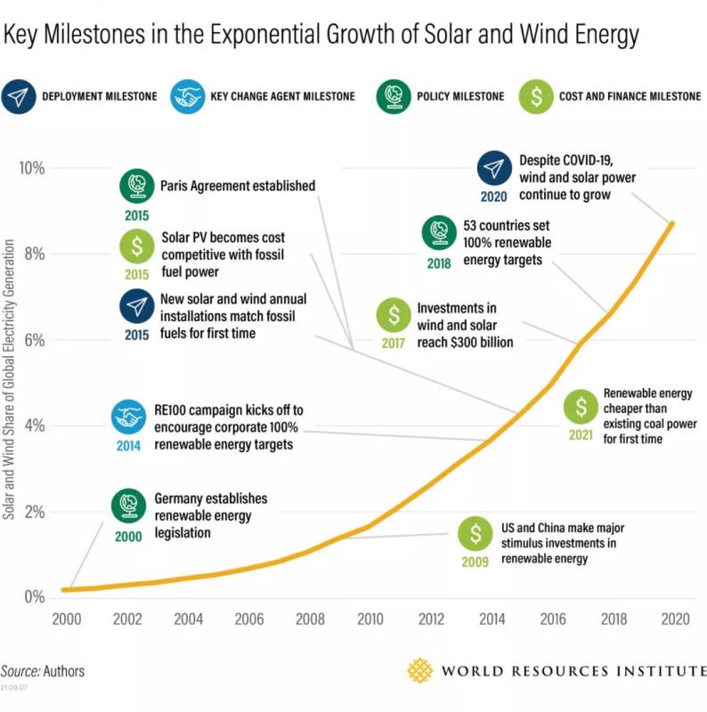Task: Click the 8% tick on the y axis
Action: (34, 254)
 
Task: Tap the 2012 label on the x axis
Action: (433, 619)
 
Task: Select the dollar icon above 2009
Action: (475, 534)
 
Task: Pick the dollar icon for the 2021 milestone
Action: (581, 407)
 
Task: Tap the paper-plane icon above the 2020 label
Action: (494, 169)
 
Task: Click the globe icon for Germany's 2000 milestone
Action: (129, 506)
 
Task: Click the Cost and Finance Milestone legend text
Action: (630, 96)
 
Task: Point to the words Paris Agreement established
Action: (238, 186)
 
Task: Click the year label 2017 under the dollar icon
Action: (393, 343)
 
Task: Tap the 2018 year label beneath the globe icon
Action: (439, 263)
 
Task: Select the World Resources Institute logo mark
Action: (420, 670)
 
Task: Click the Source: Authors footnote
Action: (43, 670)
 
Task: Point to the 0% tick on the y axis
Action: (34, 596)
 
